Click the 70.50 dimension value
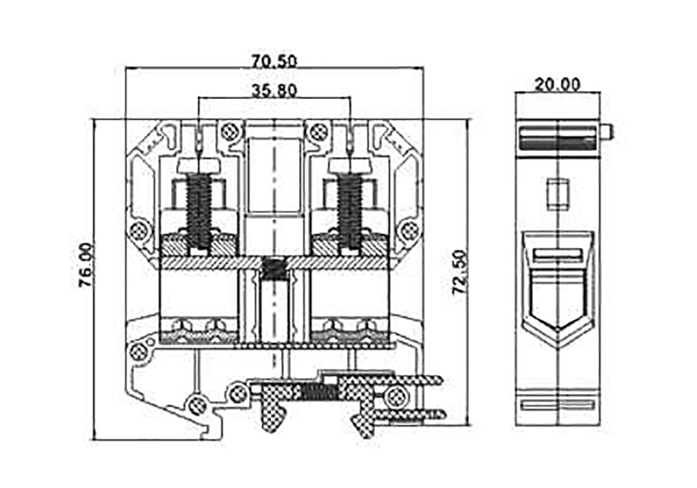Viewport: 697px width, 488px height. [x=275, y=61]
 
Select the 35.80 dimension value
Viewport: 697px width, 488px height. [x=275, y=90]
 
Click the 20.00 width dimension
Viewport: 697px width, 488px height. [x=558, y=84]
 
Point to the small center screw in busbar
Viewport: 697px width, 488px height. [x=275, y=266]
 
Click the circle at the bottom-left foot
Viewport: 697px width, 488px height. [x=197, y=402]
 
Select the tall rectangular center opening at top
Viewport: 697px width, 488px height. [x=275, y=174]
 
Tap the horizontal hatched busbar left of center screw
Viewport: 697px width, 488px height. [x=209, y=261]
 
